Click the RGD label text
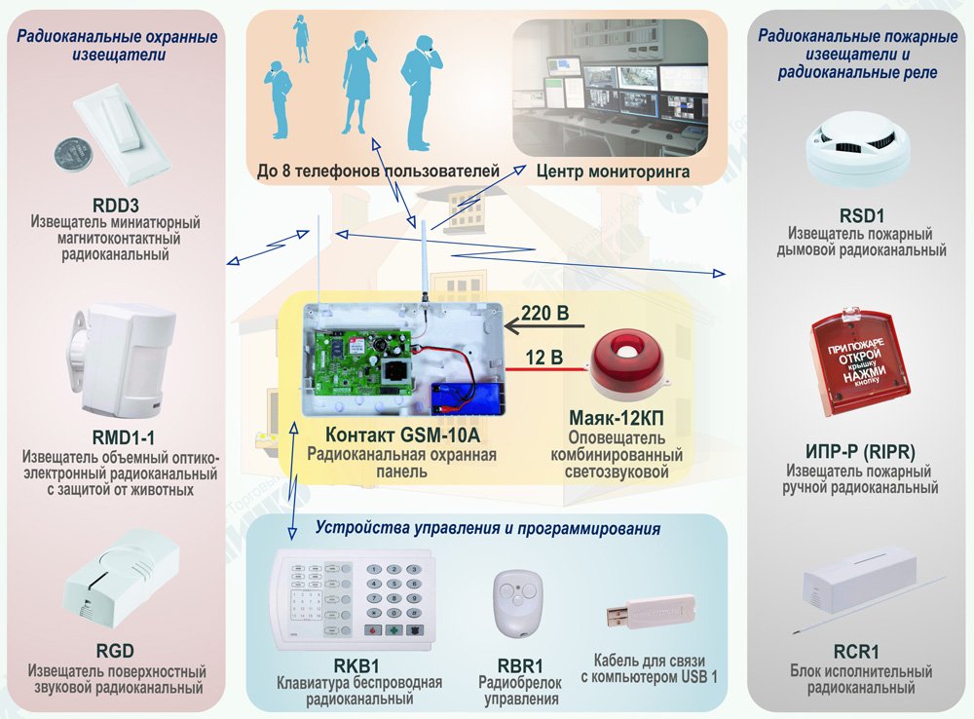pos(116,650)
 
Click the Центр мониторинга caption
pos(613,171)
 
